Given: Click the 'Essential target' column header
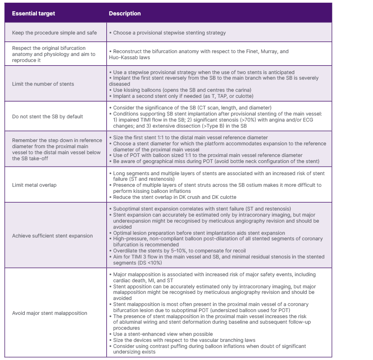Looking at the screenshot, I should coord(34,14).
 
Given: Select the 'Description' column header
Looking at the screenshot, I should coord(124,14).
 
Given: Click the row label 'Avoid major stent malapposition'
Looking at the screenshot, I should coord(50,313).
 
